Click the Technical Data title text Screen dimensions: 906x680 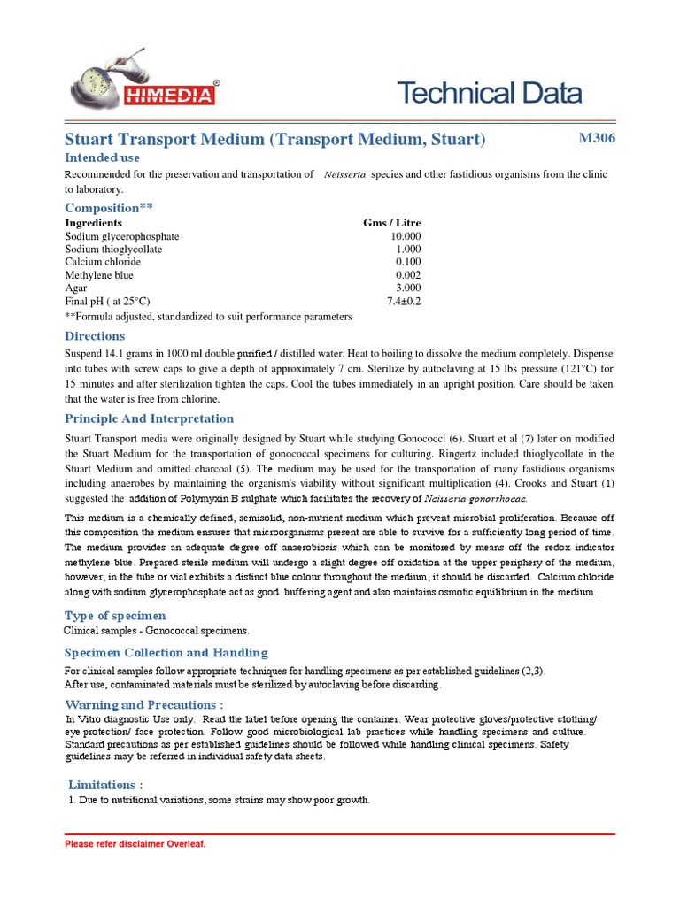[489, 93]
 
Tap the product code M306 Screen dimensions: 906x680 [597, 138]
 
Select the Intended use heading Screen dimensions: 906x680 [103, 157]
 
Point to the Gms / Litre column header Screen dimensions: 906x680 [392, 223]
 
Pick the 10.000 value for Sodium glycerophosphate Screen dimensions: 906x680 [406, 236]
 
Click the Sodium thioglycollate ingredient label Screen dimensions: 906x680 [113, 250]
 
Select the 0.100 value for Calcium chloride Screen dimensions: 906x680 [408, 262]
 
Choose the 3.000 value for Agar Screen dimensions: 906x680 [408, 288]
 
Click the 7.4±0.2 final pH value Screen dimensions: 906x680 [404, 301]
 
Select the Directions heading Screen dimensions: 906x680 [95, 336]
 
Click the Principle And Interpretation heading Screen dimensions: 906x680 [150, 418]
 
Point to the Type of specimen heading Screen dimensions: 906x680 [115, 616]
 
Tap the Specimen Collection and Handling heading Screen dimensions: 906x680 [166, 653]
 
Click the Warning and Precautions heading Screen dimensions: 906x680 [144, 705]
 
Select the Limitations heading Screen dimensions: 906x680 [105, 785]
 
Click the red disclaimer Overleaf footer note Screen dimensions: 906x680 [135, 844]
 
